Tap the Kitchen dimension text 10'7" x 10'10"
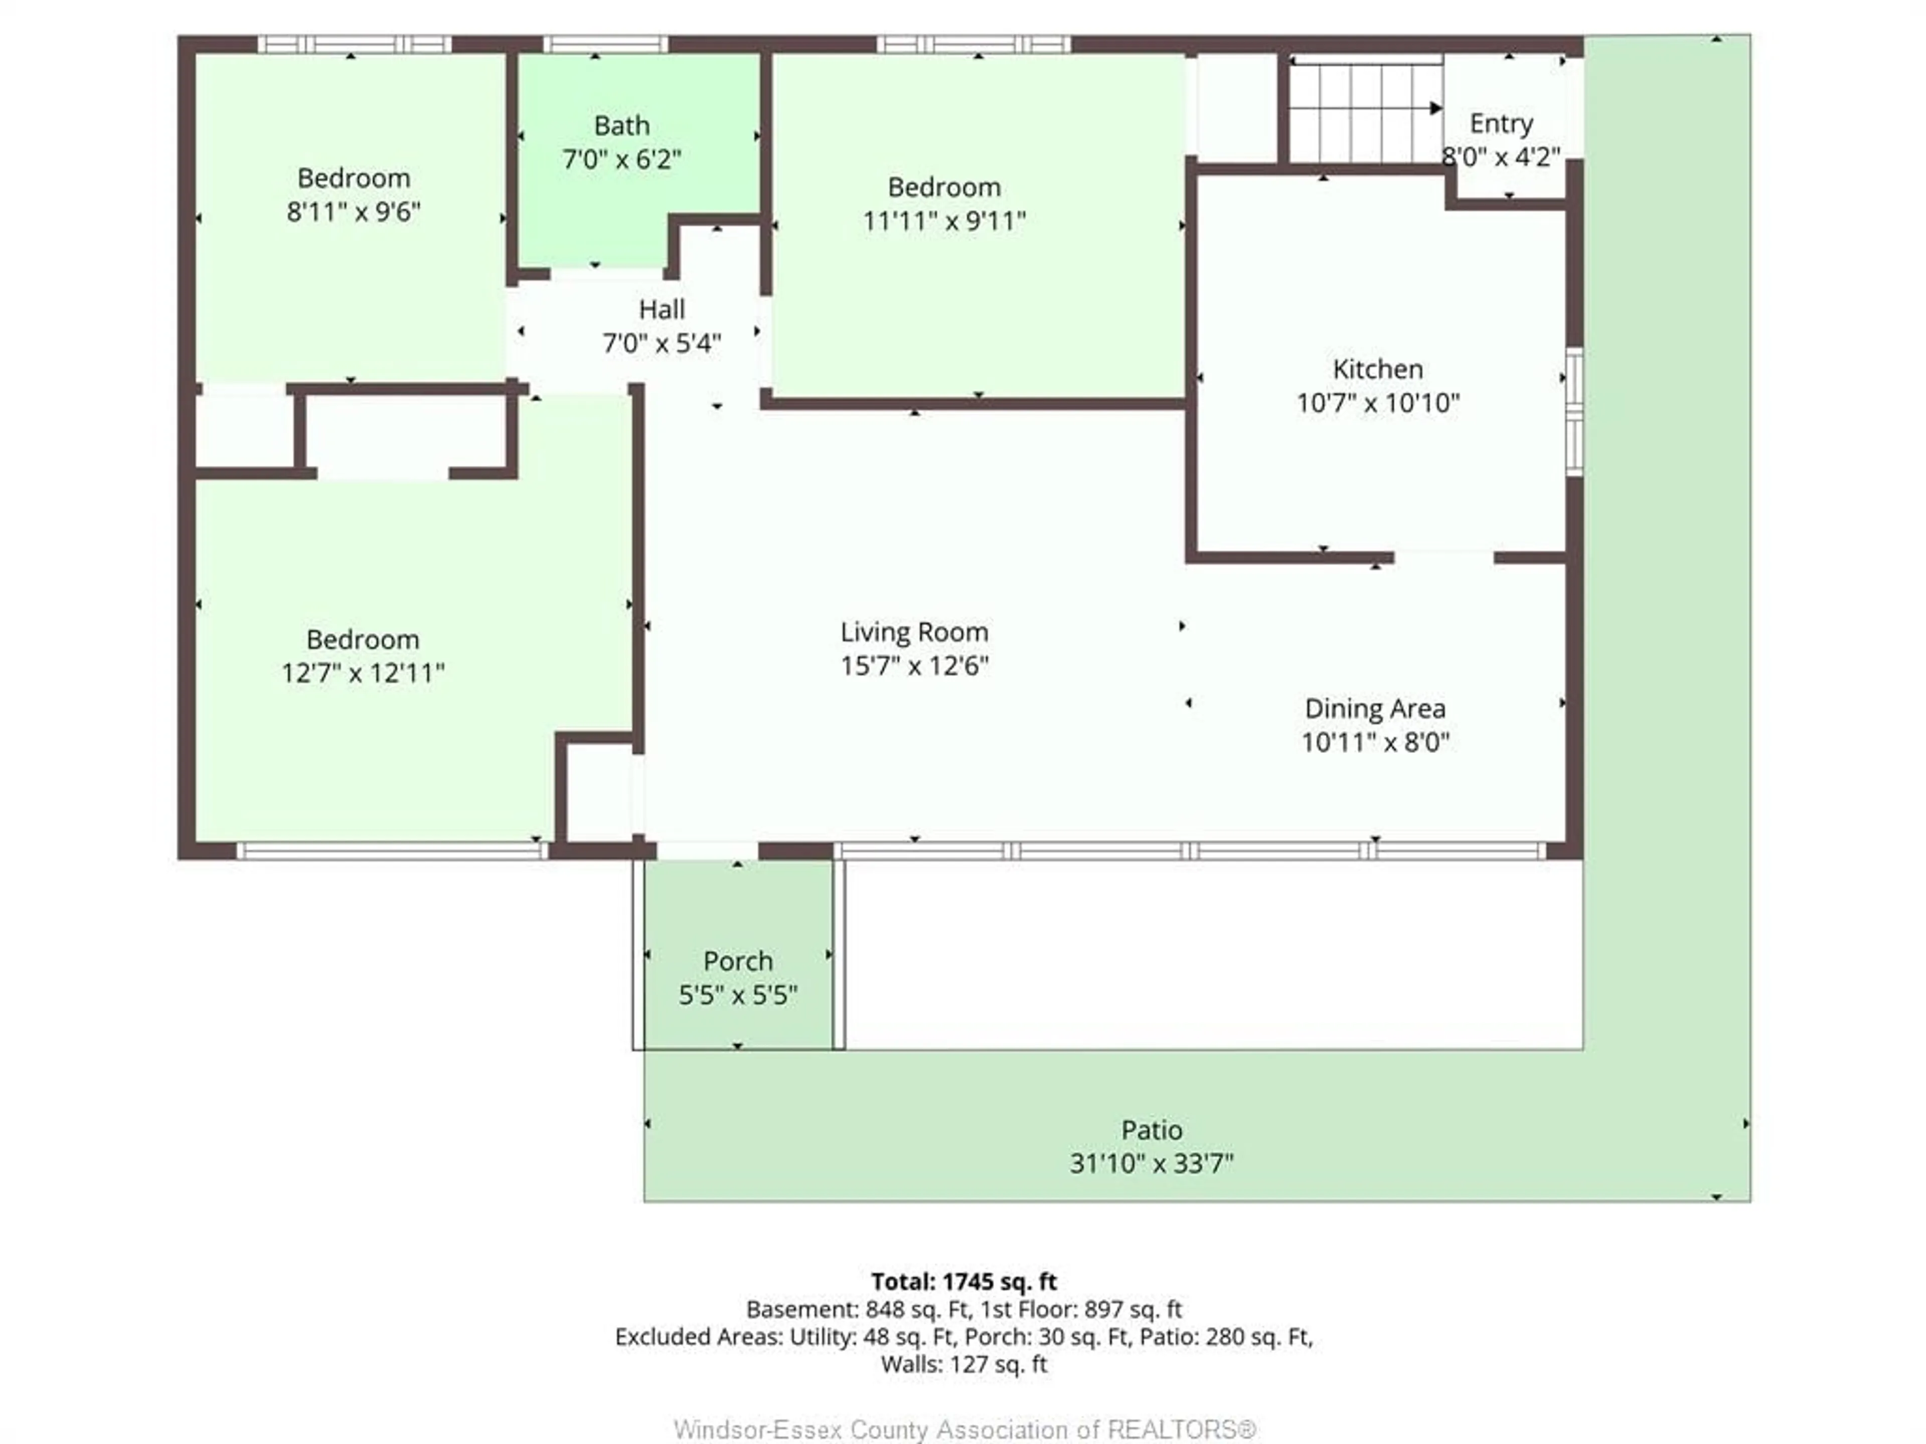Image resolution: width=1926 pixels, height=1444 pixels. point(1377,403)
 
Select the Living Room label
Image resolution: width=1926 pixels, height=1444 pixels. point(914,632)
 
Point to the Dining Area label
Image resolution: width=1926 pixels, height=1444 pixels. point(1375,708)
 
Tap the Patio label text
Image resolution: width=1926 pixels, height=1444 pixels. point(1151,1130)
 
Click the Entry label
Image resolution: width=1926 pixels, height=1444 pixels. point(1501,124)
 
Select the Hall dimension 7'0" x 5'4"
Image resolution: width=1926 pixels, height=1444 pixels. point(662,344)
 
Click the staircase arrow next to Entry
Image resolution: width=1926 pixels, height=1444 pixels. point(1434,109)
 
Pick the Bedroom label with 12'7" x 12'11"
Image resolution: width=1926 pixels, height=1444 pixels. point(362,640)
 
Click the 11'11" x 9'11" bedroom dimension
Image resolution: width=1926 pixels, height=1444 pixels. point(944,221)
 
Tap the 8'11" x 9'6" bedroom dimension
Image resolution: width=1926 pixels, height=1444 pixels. point(354,212)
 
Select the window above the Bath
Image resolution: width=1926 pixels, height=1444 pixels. point(606,44)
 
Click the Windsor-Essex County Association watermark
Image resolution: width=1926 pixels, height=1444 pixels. point(964,1428)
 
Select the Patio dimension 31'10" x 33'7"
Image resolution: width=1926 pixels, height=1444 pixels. point(1151,1164)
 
